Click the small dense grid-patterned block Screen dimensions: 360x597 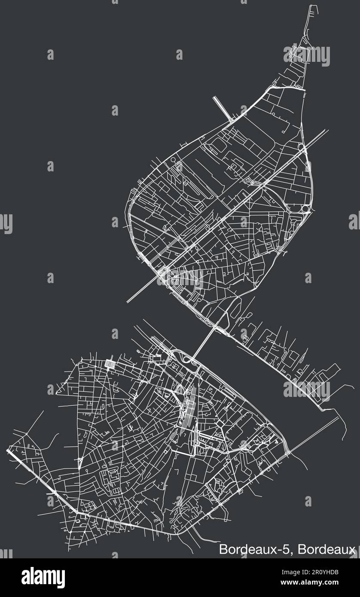110,365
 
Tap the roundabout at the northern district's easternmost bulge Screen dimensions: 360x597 306,209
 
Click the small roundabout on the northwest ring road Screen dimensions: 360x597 173,159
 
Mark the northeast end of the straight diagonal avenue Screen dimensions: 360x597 327,129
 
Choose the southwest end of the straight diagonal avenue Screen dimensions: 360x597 128,302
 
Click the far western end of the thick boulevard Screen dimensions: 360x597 9,451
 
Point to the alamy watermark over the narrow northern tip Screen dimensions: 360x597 306,56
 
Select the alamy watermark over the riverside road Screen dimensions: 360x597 306,390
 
